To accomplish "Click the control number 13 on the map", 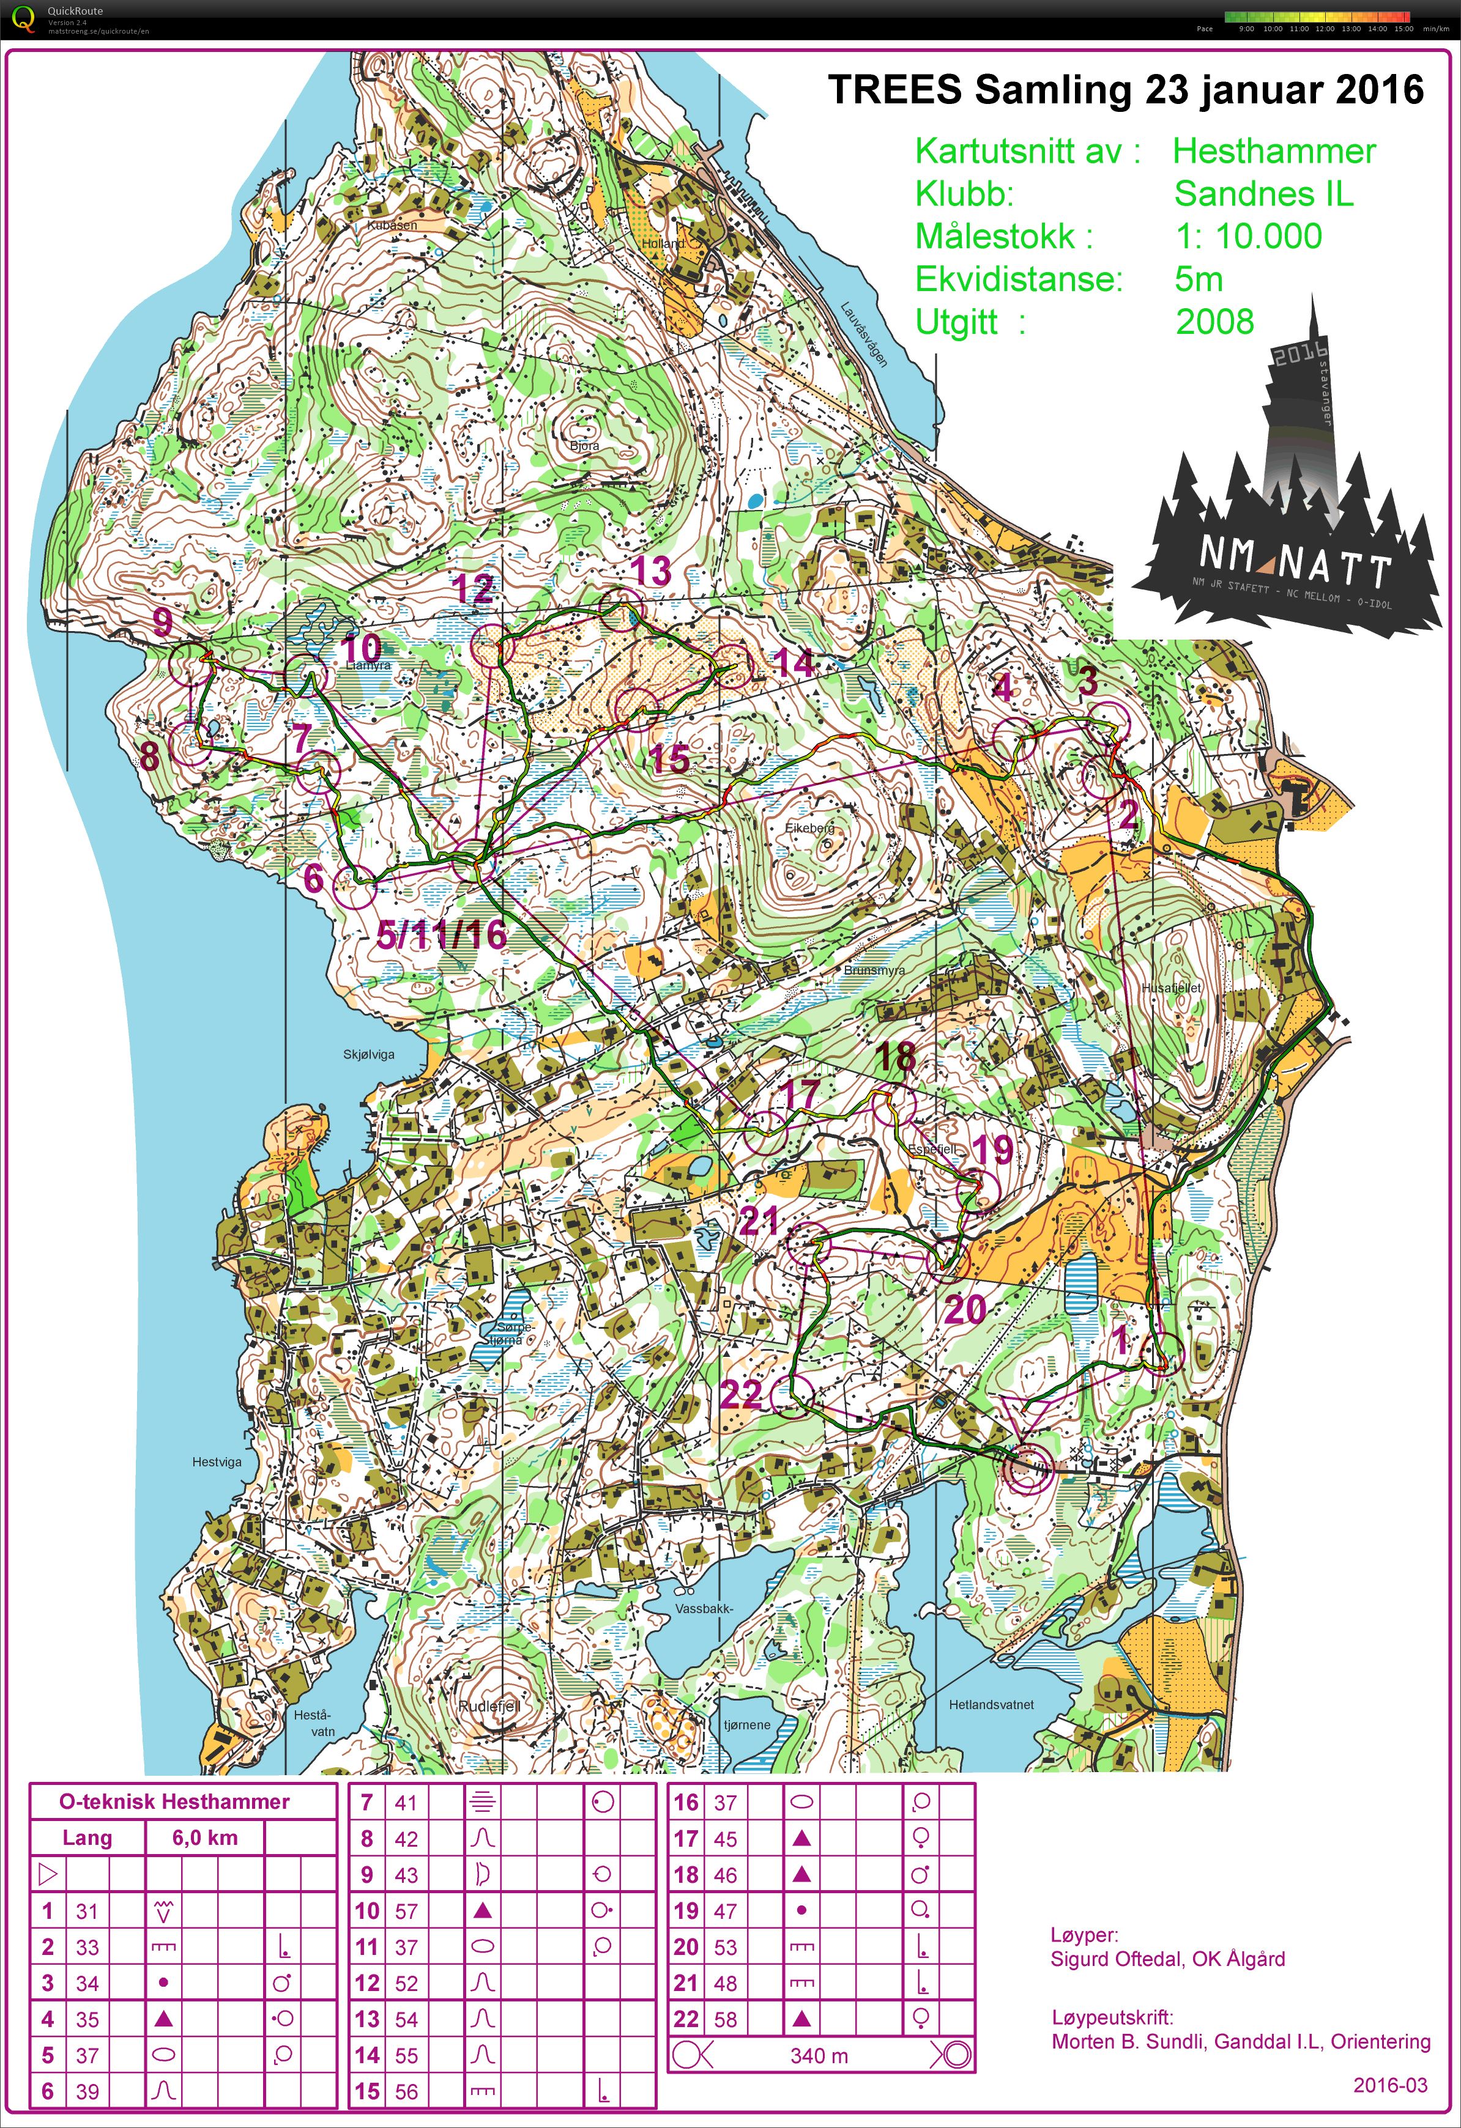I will [x=651, y=571].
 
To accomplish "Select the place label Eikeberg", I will [x=810, y=828].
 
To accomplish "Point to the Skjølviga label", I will [x=368, y=1054].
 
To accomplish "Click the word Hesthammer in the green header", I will [x=1274, y=151].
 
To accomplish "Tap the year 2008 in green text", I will [x=1214, y=322].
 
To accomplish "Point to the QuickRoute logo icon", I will [x=24, y=18].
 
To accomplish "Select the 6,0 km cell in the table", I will [x=204, y=1838].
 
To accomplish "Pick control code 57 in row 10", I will [x=406, y=1911].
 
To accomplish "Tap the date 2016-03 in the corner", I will [x=1389, y=2085].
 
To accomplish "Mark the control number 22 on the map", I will [x=741, y=1394].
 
